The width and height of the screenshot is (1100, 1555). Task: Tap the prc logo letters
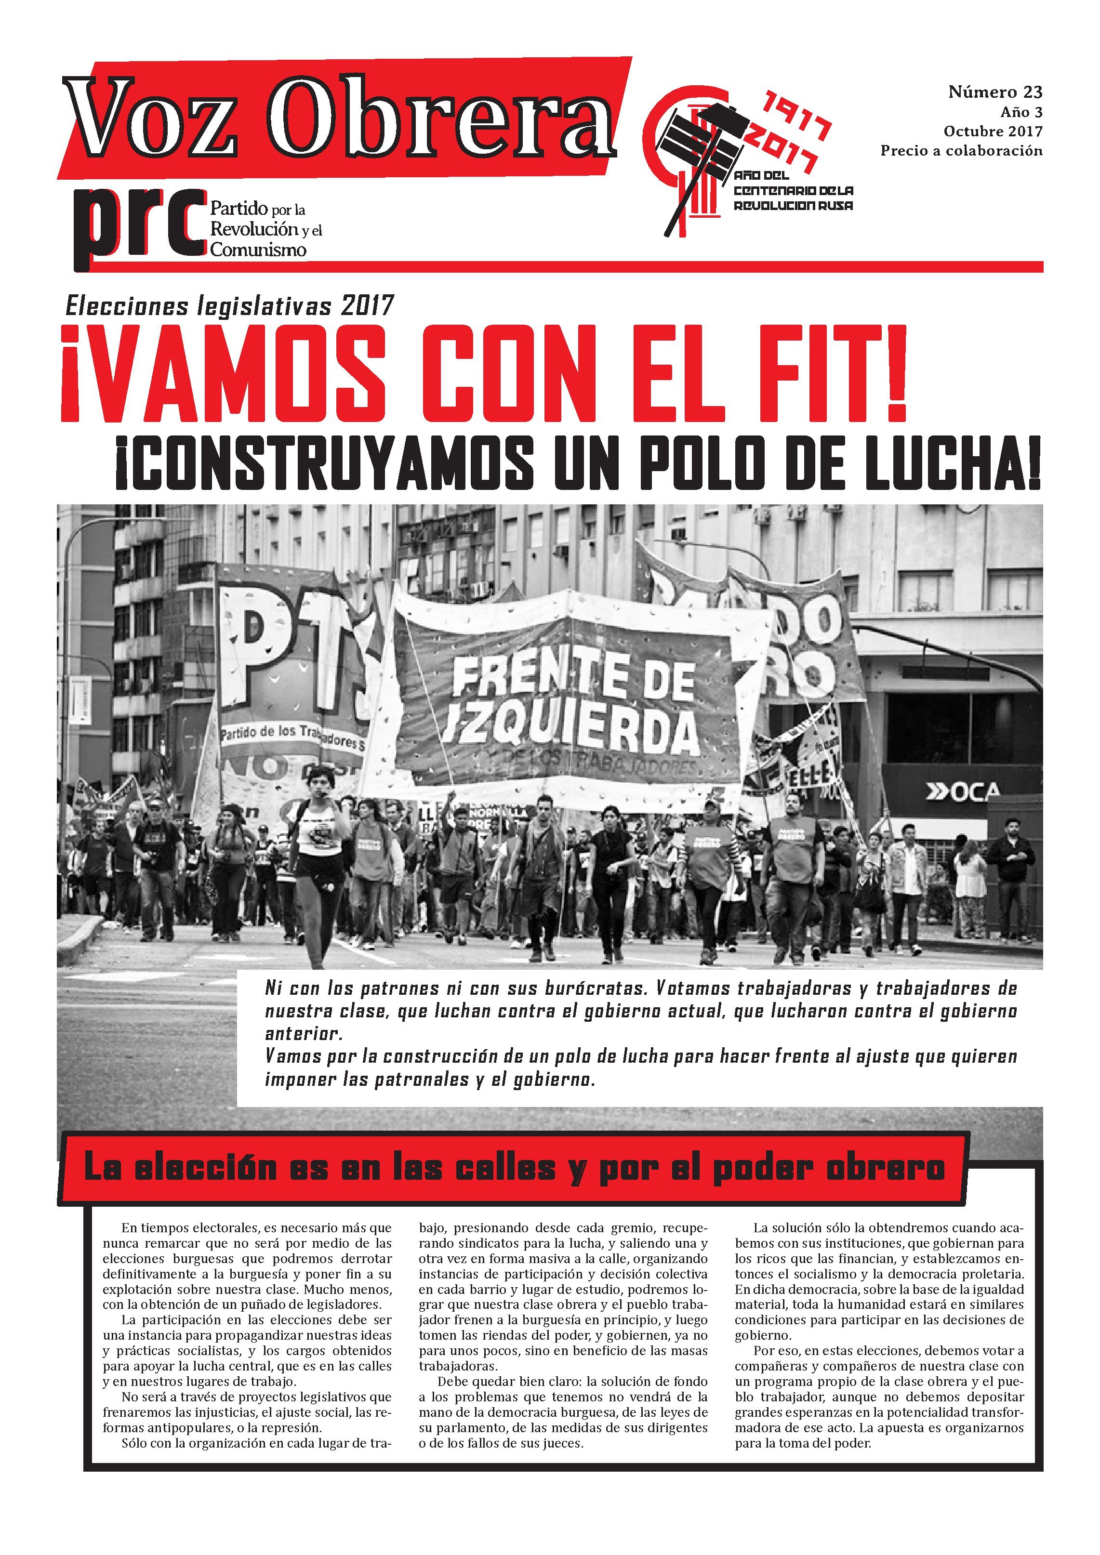tap(139, 224)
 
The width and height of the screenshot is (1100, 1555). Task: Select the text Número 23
tap(994, 92)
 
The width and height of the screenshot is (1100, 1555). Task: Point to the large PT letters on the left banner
tap(284, 650)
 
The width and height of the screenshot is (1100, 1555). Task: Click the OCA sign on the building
tap(962, 791)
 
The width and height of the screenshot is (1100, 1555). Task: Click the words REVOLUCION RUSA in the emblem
tap(793, 205)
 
